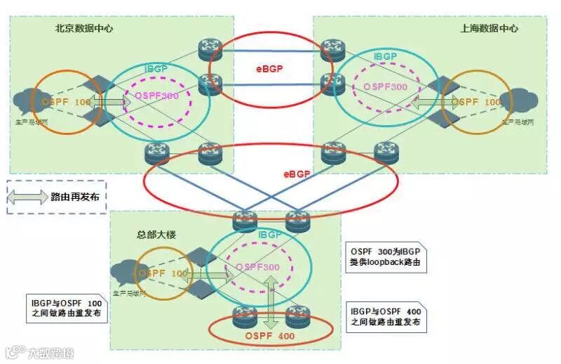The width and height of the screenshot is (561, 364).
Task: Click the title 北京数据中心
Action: [x=84, y=29]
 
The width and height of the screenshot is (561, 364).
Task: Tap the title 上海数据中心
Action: [x=489, y=29]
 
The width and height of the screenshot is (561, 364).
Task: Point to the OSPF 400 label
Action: [x=270, y=337]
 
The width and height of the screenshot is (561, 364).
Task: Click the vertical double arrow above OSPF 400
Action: [x=269, y=294]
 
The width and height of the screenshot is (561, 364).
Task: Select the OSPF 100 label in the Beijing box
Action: [x=60, y=103]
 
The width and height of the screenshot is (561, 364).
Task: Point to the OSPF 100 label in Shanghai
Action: [x=476, y=103]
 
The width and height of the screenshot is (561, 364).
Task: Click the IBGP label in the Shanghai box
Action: [x=386, y=56]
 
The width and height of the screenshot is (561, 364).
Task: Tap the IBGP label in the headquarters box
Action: [x=271, y=234]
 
